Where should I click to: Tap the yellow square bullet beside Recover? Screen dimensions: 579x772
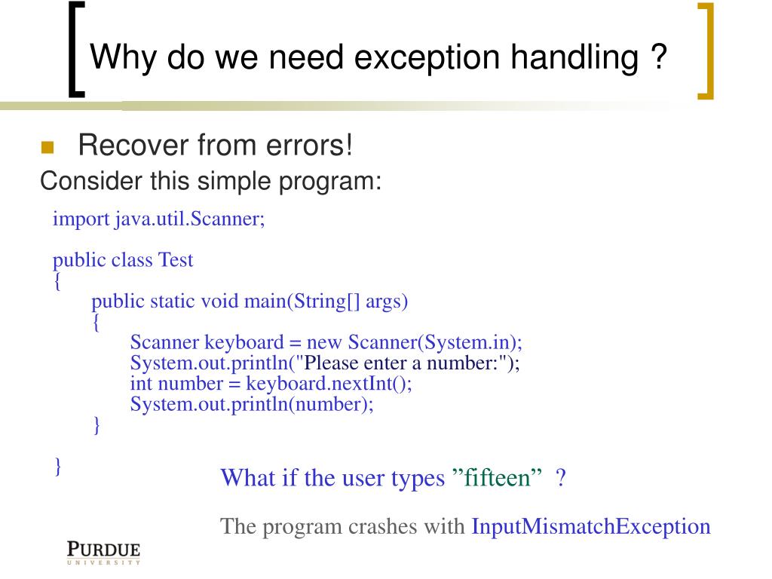click(x=47, y=146)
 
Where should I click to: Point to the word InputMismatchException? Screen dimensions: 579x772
click(x=591, y=526)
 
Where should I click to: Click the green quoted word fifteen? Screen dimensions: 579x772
click(x=498, y=478)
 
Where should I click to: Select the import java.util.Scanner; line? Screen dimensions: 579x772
click(x=159, y=219)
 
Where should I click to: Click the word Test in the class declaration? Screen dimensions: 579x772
click(x=175, y=261)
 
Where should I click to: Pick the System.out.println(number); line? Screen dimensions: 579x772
click(x=252, y=404)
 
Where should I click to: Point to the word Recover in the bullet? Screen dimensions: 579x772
click(x=125, y=145)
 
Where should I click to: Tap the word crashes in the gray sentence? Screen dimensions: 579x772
click(x=382, y=526)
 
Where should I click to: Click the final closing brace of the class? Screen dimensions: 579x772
click(x=58, y=464)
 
